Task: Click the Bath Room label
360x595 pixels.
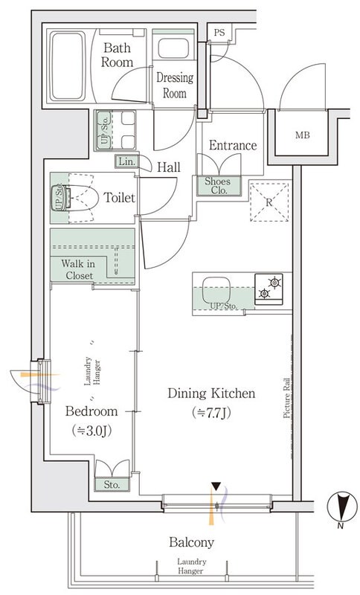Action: tap(117, 56)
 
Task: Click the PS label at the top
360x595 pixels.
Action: tap(219, 33)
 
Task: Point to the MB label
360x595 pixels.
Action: tap(303, 135)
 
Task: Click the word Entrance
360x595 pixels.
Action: tap(232, 146)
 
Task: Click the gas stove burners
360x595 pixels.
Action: tap(270, 288)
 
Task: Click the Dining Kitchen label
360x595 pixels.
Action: tap(211, 393)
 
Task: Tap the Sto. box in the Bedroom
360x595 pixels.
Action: tap(113, 484)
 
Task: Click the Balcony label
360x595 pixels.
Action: tap(190, 542)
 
